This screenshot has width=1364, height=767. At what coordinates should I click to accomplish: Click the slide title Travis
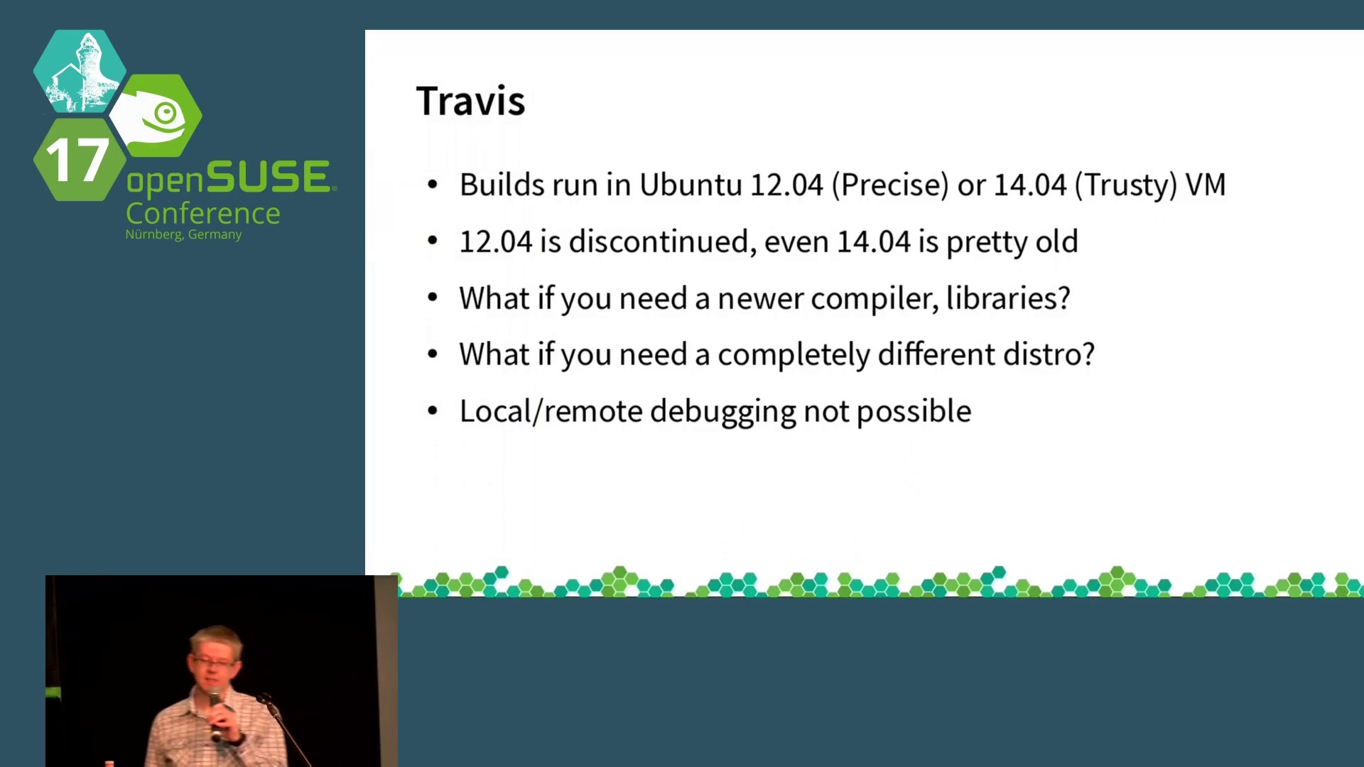click(x=470, y=101)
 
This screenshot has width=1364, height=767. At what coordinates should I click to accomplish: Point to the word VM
click(x=1206, y=185)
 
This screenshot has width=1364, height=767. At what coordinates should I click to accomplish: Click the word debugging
click(x=723, y=412)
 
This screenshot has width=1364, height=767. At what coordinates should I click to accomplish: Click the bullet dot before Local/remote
click(x=433, y=410)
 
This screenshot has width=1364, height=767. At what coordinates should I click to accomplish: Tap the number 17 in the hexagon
click(x=77, y=160)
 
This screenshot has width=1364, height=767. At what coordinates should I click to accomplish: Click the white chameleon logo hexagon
click(x=156, y=116)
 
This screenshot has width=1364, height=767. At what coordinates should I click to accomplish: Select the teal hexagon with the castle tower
click(x=80, y=71)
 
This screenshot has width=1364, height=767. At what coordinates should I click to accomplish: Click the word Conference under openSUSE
click(x=203, y=213)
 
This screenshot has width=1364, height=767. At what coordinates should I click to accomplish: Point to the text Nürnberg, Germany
click(x=183, y=234)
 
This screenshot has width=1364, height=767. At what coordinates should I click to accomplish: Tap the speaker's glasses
click(x=212, y=663)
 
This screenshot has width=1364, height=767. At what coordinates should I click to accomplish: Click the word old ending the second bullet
click(x=1056, y=241)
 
